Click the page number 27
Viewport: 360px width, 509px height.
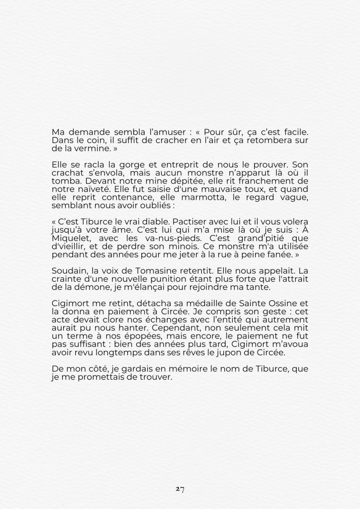tap(180, 489)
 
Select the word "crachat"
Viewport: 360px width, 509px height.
tap(67, 172)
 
